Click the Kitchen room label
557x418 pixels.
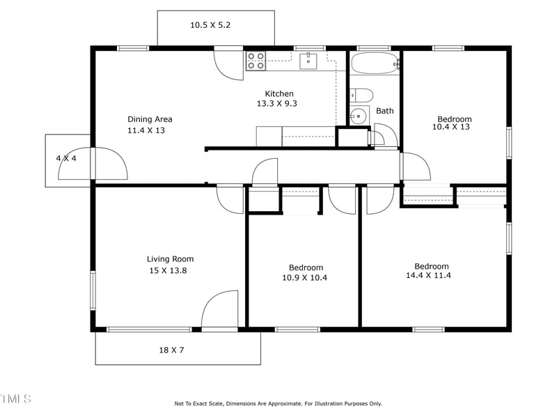tap(279, 93)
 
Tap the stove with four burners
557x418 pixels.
tap(256, 61)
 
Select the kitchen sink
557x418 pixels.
tap(308, 61)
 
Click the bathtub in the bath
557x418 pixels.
tap(375, 64)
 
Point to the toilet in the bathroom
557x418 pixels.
tap(362, 95)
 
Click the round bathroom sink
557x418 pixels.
tap(359, 116)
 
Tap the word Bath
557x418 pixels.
tap(385, 111)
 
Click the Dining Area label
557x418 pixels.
tap(150, 119)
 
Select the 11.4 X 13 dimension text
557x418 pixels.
tap(146, 130)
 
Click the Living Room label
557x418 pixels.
tap(170, 259)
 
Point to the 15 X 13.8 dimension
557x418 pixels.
tap(168, 270)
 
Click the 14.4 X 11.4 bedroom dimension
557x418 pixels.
tap(432, 276)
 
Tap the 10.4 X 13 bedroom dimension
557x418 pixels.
tap(451, 127)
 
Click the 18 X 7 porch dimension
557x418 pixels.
tap(171, 350)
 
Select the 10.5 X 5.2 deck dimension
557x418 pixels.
tap(210, 25)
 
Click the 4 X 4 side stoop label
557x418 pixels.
tap(66, 158)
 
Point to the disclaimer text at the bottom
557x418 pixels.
tap(278, 403)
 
